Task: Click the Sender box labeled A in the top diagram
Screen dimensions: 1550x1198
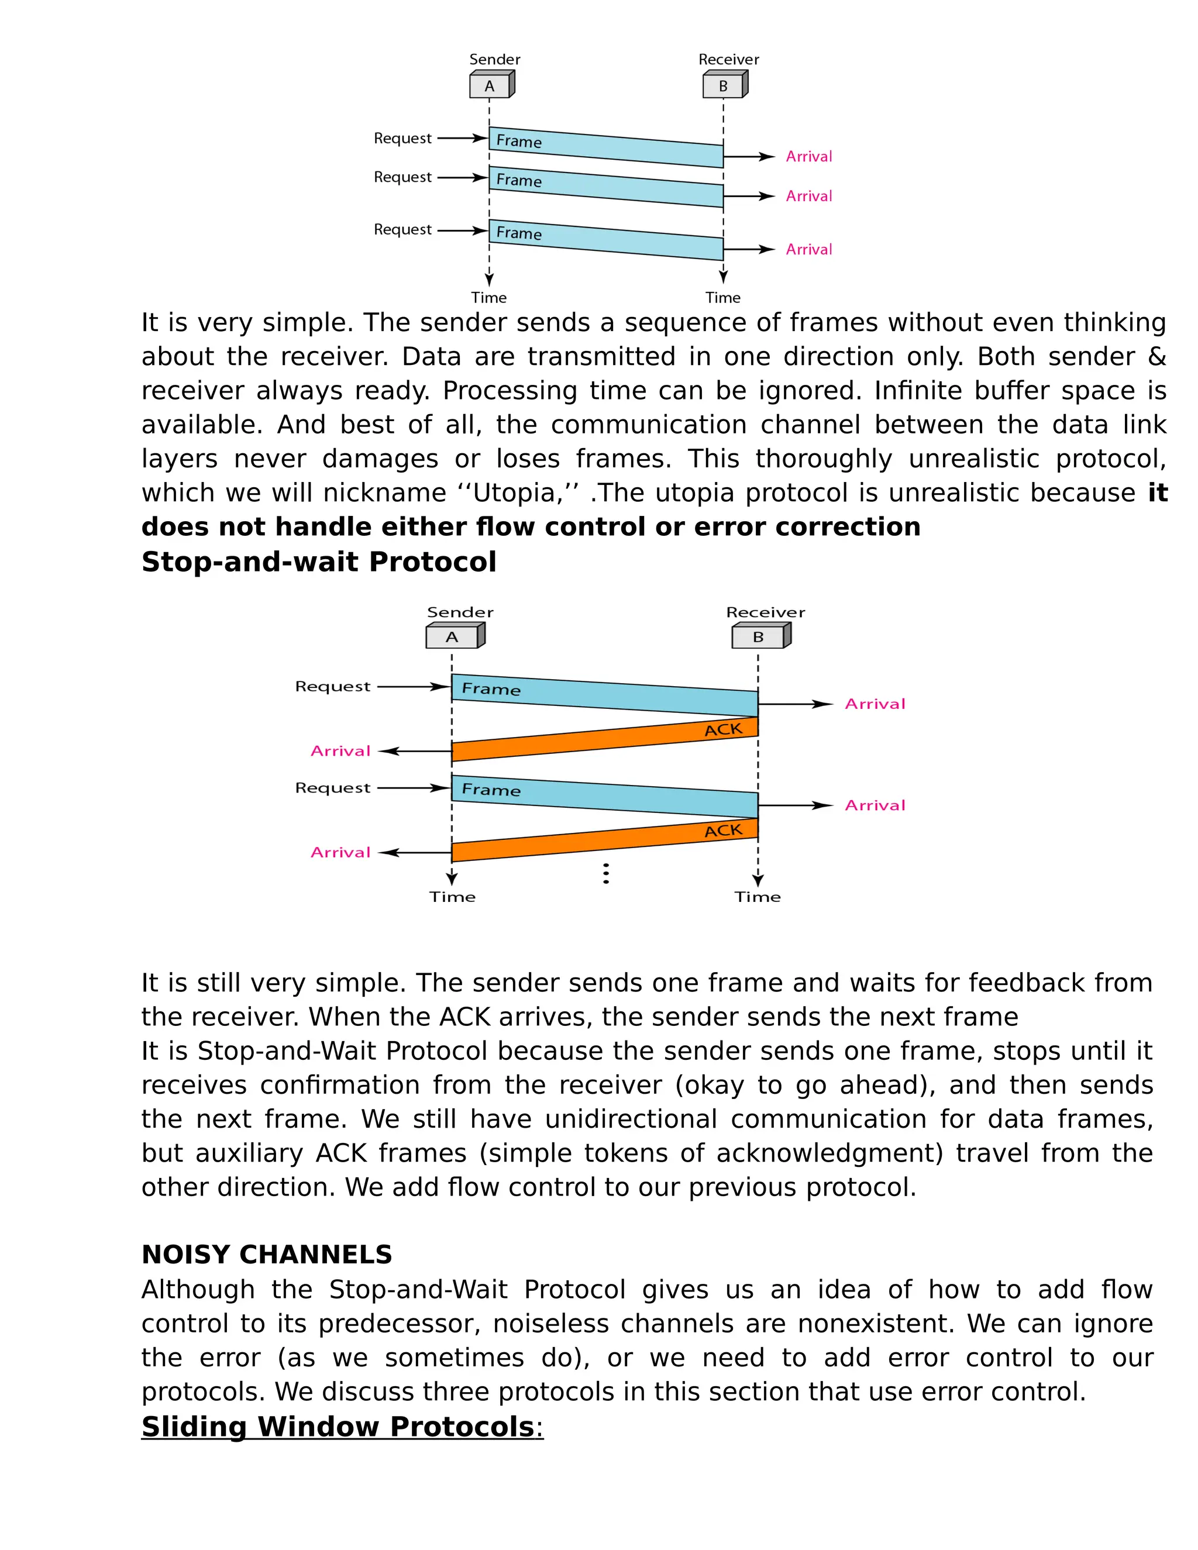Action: pos(490,86)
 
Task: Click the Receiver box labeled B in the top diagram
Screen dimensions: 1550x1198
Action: pos(723,86)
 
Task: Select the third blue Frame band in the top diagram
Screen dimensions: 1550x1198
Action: pos(605,240)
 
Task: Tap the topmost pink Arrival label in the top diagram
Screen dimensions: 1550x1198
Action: pos(808,157)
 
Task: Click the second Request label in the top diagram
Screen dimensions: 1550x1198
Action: pos(402,177)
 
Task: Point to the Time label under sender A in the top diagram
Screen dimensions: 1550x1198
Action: pos(489,297)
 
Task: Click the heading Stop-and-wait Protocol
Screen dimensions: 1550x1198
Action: pos(319,562)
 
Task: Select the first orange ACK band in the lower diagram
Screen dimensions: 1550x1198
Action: pos(605,739)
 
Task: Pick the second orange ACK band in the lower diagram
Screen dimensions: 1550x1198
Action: pos(605,841)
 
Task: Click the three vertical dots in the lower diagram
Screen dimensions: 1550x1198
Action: pos(605,874)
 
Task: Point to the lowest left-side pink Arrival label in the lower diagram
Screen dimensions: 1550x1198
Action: pos(340,852)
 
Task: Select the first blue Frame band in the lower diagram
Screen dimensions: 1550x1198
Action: pos(605,695)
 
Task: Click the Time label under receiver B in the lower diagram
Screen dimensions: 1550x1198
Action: pos(758,897)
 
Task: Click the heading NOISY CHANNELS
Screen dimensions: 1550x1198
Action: pos(267,1254)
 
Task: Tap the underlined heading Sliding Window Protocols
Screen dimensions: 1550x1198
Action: pos(338,1427)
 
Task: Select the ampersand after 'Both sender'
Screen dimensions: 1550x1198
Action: pos(1157,356)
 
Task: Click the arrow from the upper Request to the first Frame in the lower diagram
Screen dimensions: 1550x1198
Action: pos(414,686)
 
